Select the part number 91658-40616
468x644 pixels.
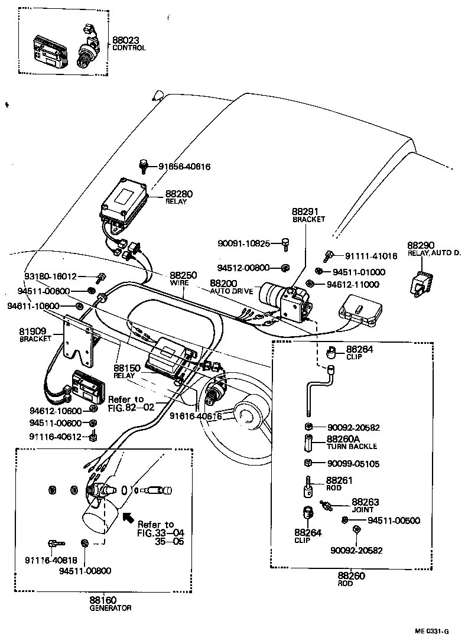[x=184, y=167]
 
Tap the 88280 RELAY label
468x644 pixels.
[x=178, y=197]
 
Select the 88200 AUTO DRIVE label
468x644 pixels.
[x=231, y=287]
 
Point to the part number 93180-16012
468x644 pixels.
[x=50, y=277]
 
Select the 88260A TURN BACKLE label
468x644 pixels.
[x=351, y=442]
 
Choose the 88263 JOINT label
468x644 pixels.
[x=365, y=505]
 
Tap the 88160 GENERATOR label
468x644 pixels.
[x=110, y=603]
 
